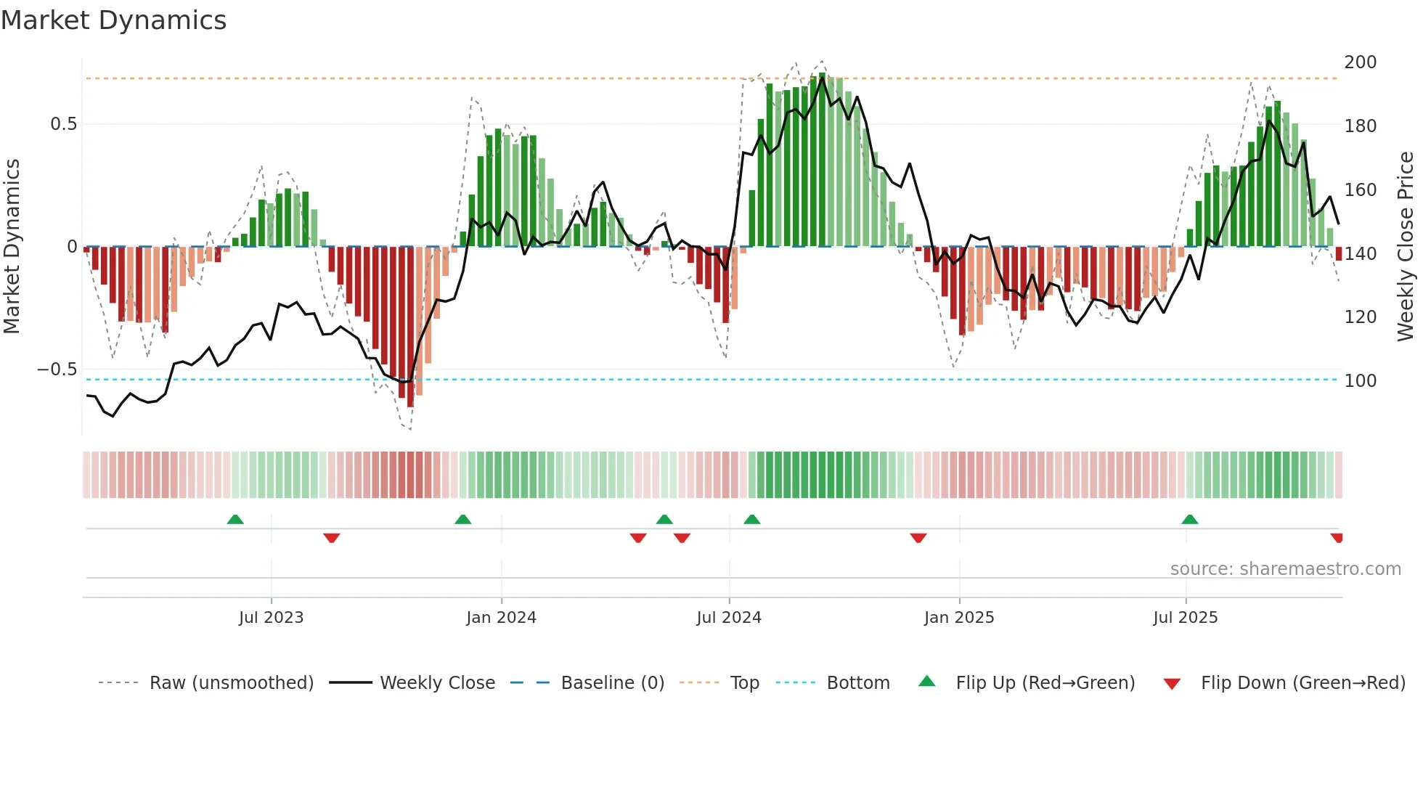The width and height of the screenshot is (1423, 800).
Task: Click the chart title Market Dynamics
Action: [113, 20]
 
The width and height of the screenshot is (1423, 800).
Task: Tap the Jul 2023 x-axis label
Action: [271, 618]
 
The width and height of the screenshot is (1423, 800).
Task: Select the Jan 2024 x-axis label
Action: [501, 618]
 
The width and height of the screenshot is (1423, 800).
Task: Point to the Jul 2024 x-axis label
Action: [729, 618]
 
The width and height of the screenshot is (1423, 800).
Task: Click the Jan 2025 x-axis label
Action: [959, 618]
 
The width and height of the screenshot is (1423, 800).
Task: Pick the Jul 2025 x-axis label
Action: [1186, 618]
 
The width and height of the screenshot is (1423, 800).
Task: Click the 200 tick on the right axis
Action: [1360, 62]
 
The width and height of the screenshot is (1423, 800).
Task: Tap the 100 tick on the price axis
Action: [1360, 381]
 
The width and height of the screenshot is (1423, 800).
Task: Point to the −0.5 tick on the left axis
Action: [57, 370]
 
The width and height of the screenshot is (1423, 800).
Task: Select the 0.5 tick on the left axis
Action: [63, 124]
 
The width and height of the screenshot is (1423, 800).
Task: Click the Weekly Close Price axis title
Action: [1406, 247]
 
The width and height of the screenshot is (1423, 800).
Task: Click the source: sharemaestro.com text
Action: [1285, 569]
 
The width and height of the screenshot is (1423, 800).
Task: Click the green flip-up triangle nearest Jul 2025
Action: [1189, 520]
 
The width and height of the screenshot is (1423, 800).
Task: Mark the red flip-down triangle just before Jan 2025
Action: [918, 538]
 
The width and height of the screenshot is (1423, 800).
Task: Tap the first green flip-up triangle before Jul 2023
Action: [235, 520]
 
